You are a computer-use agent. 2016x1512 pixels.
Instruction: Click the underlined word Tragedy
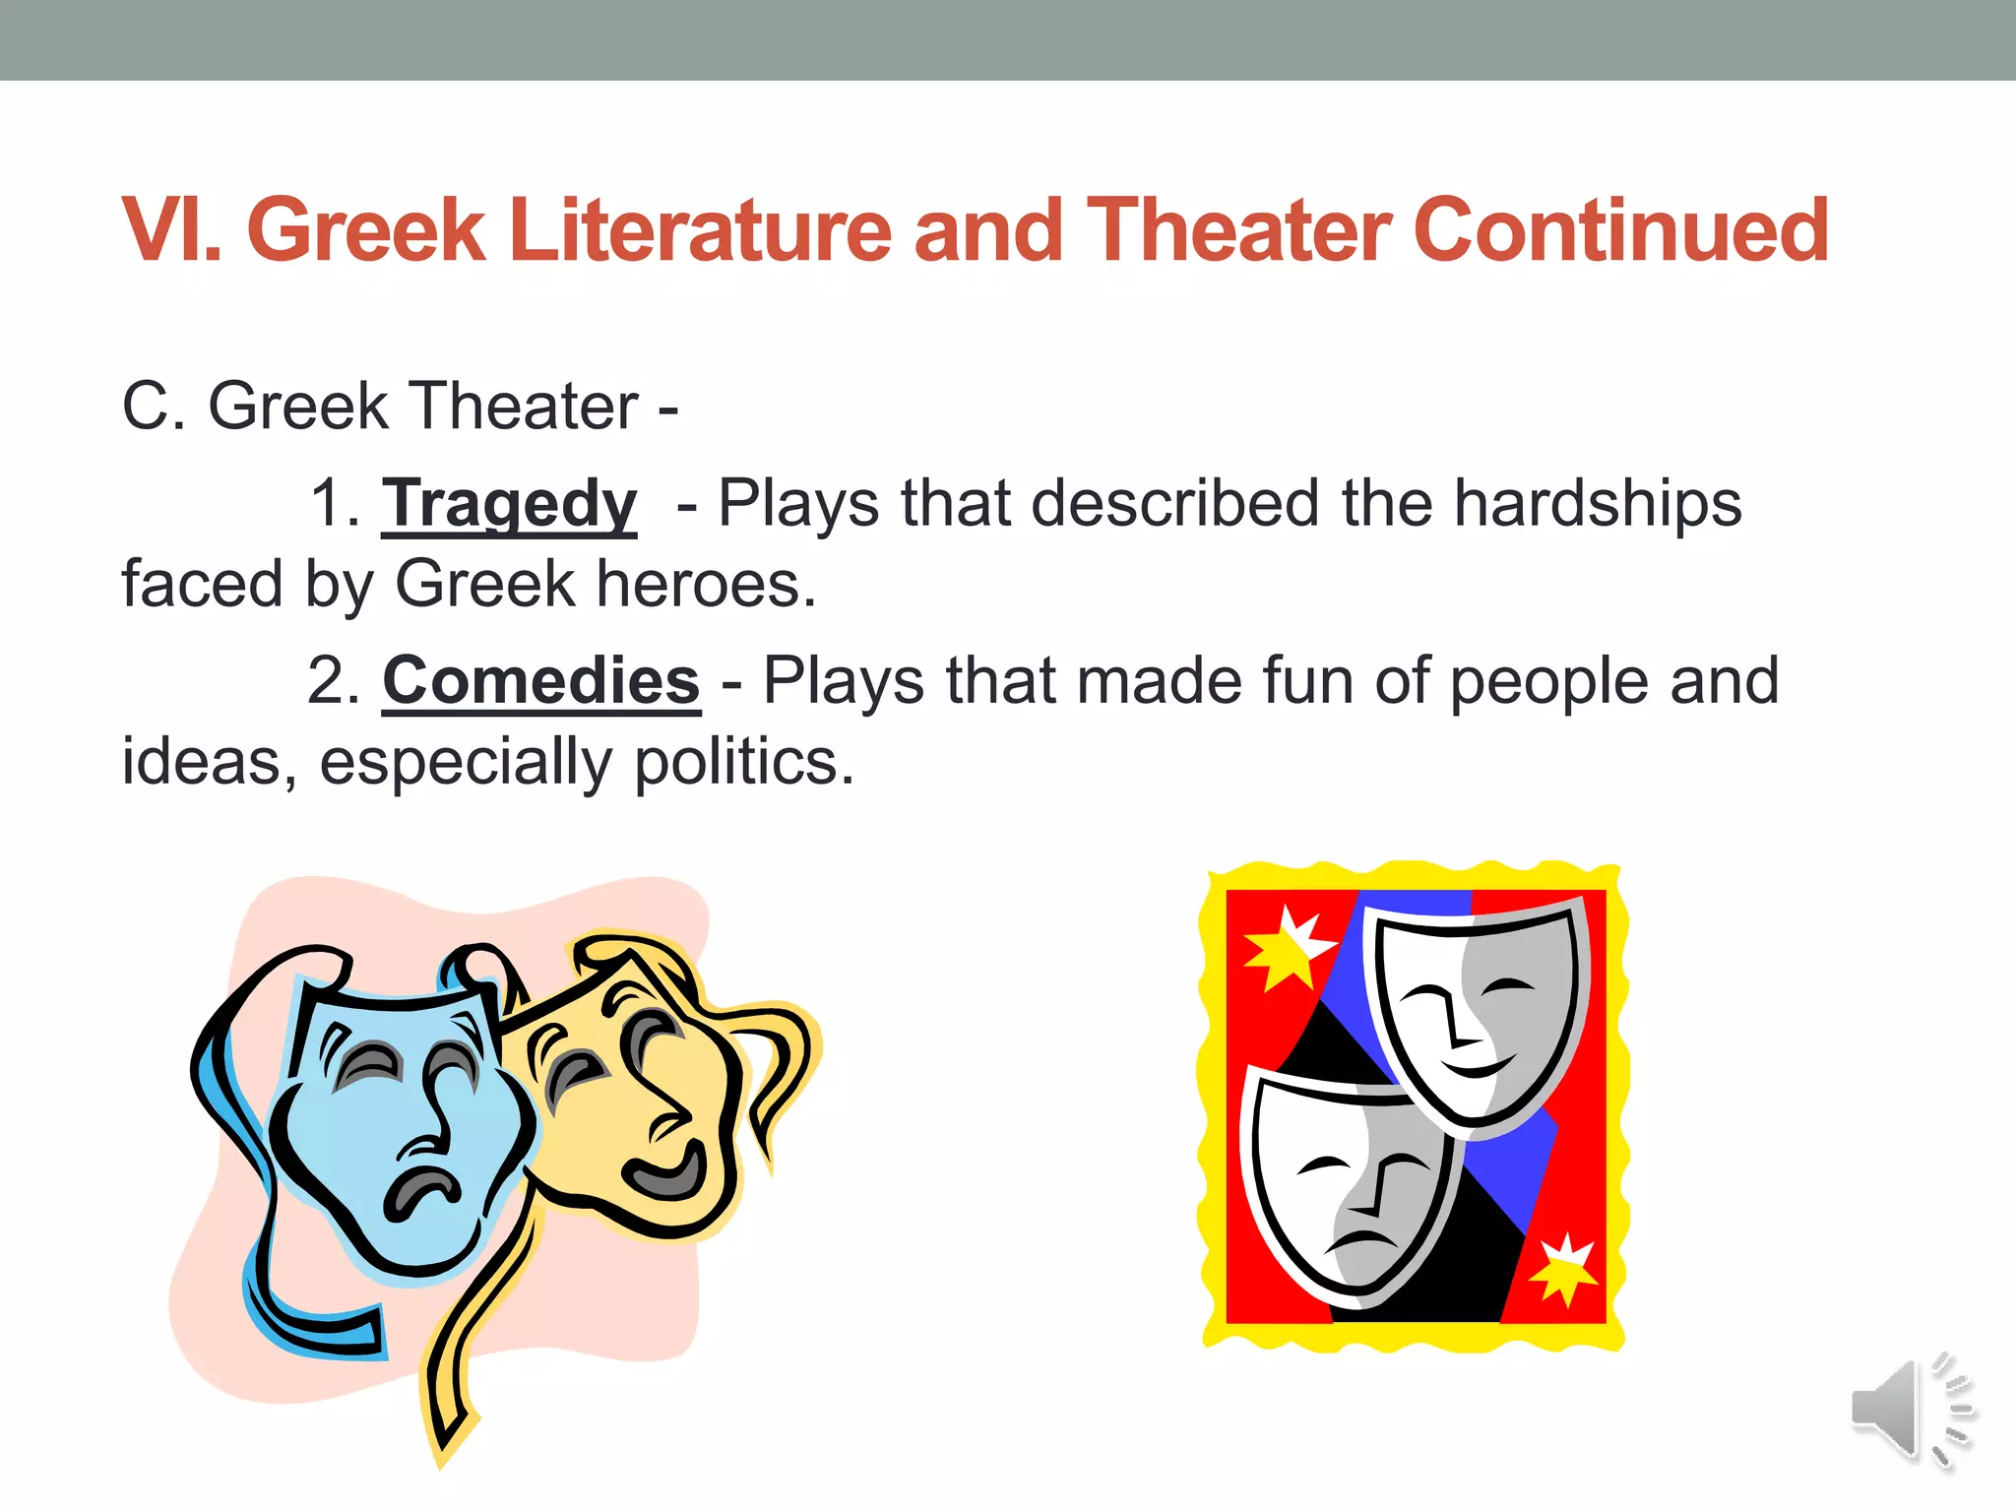[509, 504]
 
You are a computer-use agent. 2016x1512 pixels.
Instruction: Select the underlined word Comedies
[540, 681]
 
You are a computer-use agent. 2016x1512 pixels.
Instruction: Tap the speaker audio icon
[1912, 1410]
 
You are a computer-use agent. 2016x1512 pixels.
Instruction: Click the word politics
[743, 763]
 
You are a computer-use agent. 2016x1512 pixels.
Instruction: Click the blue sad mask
[394, 1132]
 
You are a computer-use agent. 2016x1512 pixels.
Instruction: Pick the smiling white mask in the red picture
[1477, 1014]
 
